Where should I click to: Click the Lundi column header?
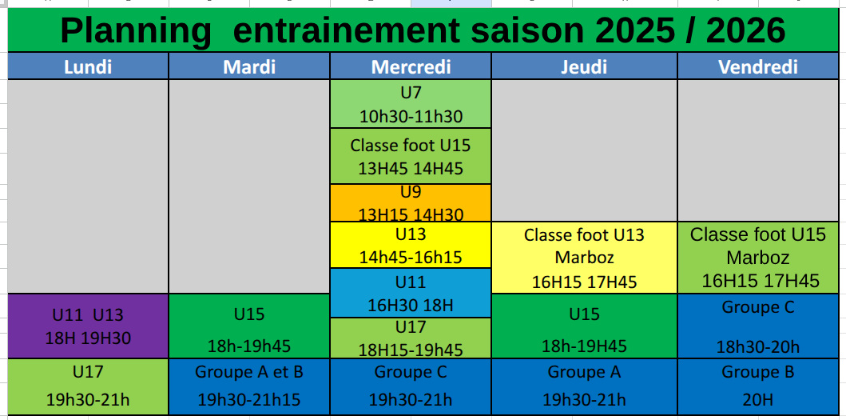tap(88, 66)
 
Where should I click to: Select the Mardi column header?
tap(249, 66)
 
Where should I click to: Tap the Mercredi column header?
tap(411, 66)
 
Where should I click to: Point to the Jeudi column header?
tap(584, 66)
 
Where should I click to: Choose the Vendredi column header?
tap(758, 66)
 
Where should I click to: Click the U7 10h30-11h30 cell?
tap(411, 104)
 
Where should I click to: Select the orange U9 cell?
tap(411, 202)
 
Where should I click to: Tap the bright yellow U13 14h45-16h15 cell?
tap(411, 245)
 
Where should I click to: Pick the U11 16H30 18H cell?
tap(411, 293)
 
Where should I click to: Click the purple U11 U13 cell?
tap(88, 326)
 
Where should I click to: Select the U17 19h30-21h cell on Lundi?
tap(88, 386)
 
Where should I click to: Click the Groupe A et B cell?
tap(249, 386)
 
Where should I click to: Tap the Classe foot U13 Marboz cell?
tap(584, 258)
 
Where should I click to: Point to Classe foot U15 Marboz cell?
tap(758, 258)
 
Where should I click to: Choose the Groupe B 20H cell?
tap(758, 386)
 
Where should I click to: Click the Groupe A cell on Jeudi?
tap(584, 386)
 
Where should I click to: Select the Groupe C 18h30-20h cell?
tap(758, 326)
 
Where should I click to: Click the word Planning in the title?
tap(136, 31)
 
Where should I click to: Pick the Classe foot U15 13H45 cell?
tap(411, 156)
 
